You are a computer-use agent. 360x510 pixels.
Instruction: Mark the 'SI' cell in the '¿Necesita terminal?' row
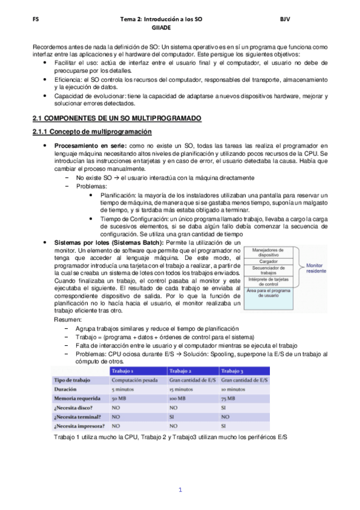[172, 416]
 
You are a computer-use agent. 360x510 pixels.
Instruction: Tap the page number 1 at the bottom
[180, 490]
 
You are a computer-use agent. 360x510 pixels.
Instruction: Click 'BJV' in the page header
[285, 19]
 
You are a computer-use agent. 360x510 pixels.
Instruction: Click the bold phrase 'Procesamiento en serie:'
[91, 146]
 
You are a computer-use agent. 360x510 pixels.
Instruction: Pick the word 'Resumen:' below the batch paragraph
[67, 321]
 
